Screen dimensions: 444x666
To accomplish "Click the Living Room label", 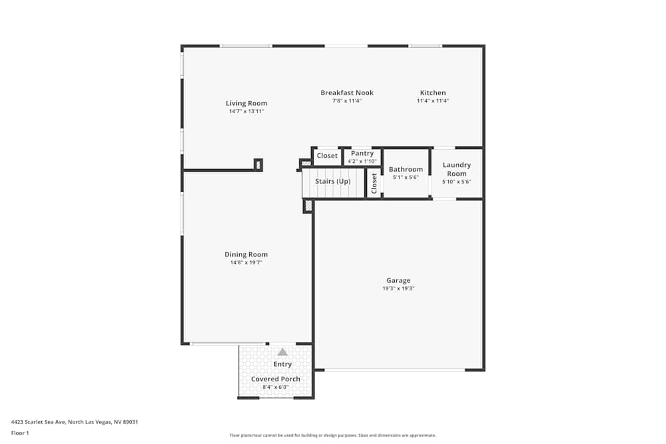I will coord(246,103).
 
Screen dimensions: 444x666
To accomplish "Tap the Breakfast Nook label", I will coord(347,93).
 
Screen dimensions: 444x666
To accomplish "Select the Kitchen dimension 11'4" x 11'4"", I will coord(433,101).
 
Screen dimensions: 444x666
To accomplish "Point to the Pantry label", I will coord(362,153).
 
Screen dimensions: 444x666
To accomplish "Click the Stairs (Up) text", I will coord(332,181).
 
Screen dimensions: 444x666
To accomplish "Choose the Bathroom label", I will coord(406,169).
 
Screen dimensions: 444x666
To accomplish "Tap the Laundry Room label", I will coord(457,169).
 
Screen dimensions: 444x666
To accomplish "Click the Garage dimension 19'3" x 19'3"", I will coord(398,289).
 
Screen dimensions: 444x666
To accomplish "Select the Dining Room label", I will coord(246,254).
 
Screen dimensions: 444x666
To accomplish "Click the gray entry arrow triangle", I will coord(282,351).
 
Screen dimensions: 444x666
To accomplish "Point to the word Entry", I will coord(282,364).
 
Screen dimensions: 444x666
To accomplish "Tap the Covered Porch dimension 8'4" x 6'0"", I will coord(276,387).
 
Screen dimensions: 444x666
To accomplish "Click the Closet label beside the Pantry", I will coord(327,156).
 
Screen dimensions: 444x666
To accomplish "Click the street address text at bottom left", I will coord(75,422).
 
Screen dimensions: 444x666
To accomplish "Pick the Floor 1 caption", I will coord(20,433).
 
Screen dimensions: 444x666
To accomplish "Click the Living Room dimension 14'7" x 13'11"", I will coord(246,112).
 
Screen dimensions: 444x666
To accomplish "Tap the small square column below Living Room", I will coord(258,164).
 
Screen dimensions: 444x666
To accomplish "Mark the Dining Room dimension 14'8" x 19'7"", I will coord(246,263).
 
